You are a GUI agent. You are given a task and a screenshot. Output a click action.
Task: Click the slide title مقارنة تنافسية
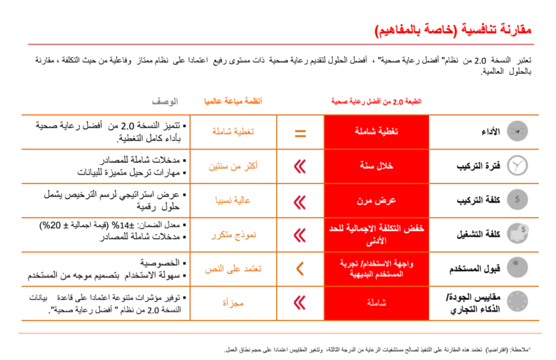pyautogui.click(x=453, y=30)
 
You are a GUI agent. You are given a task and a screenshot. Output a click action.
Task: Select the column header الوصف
pyautogui.click(x=165, y=102)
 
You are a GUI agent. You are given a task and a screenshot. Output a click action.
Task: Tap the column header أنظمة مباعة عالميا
pyautogui.click(x=232, y=102)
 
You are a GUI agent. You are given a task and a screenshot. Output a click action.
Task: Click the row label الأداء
pyautogui.click(x=490, y=132)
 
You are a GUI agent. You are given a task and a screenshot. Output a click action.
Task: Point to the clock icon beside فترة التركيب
pyautogui.click(x=517, y=166)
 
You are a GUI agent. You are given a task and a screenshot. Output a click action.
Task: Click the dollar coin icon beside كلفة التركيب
pyautogui.click(x=517, y=200)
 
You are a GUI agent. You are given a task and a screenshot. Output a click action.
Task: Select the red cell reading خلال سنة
pyautogui.click(x=377, y=166)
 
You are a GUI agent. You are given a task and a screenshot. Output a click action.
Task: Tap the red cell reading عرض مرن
pyautogui.click(x=377, y=200)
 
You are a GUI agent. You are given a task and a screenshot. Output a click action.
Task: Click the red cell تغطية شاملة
pyautogui.click(x=377, y=132)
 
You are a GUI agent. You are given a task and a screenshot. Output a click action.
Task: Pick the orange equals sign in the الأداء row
pyautogui.click(x=300, y=133)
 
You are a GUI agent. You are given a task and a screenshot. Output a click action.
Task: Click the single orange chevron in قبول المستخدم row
pyautogui.click(x=300, y=268)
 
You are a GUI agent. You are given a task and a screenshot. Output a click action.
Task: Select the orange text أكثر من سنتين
pyautogui.click(x=233, y=166)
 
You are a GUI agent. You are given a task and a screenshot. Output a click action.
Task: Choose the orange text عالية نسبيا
pyautogui.click(x=233, y=200)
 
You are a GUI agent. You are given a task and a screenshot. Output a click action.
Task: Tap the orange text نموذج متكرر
pyautogui.click(x=233, y=235)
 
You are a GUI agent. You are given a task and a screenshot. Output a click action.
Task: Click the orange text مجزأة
pyautogui.click(x=233, y=303)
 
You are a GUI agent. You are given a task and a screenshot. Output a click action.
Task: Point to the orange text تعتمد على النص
pyautogui.click(x=233, y=269)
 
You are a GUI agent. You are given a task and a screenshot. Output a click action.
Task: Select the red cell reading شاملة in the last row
pyautogui.click(x=377, y=303)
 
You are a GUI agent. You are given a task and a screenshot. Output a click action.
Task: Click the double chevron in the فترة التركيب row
pyautogui.click(x=300, y=166)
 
